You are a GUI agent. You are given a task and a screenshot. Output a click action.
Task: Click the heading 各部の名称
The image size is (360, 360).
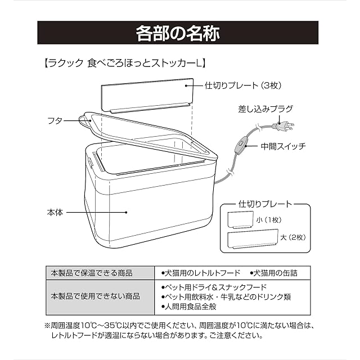pyautogui.click(x=179, y=33)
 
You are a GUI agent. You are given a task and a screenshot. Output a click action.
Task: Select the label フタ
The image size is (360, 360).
pyautogui.click(x=55, y=120)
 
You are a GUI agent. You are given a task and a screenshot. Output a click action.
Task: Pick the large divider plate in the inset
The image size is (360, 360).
pyautogui.click(x=253, y=240)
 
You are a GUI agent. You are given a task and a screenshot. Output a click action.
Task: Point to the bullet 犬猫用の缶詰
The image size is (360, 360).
pyautogui.click(x=274, y=273)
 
